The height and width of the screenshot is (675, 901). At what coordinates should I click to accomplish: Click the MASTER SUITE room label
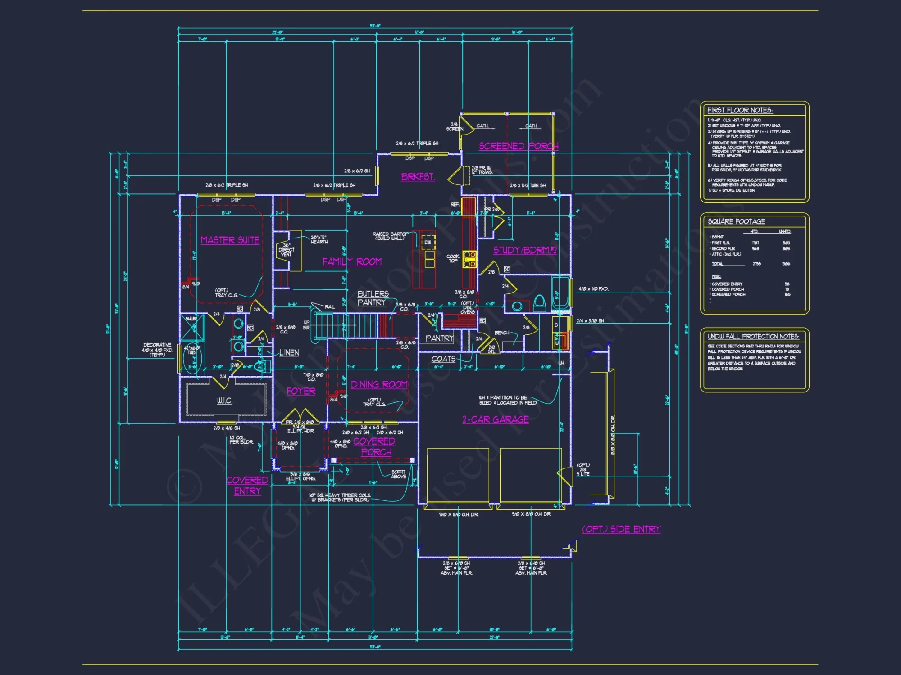(230, 240)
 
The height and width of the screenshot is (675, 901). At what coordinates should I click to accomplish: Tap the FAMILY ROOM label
(352, 262)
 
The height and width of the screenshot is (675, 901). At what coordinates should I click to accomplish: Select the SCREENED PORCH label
(519, 146)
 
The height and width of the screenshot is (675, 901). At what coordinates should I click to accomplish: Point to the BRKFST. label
(418, 177)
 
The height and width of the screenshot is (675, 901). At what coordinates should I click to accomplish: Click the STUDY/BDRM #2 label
(525, 251)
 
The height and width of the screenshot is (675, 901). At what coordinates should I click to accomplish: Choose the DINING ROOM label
(379, 385)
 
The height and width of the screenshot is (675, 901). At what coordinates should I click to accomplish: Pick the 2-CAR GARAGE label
(495, 419)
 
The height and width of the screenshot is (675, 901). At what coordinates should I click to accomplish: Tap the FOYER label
(301, 391)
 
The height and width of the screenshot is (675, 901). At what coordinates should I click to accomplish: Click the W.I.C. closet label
(224, 400)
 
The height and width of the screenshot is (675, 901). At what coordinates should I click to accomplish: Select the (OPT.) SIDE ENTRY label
(621, 529)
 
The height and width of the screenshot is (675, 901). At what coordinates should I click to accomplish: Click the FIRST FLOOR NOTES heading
(740, 110)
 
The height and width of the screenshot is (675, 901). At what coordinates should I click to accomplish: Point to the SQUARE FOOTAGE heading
(736, 221)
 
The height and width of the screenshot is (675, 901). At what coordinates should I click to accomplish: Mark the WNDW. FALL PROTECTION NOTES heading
(753, 337)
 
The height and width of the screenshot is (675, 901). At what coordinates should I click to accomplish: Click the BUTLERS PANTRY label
(373, 298)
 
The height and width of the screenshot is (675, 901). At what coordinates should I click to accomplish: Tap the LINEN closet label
(289, 353)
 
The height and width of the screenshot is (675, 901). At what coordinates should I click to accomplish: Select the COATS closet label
(443, 359)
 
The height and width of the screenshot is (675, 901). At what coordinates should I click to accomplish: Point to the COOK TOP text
(453, 258)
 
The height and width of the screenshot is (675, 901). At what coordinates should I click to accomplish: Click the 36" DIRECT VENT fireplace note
(286, 250)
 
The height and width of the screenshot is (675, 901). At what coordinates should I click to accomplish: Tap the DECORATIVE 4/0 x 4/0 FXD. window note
(157, 350)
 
